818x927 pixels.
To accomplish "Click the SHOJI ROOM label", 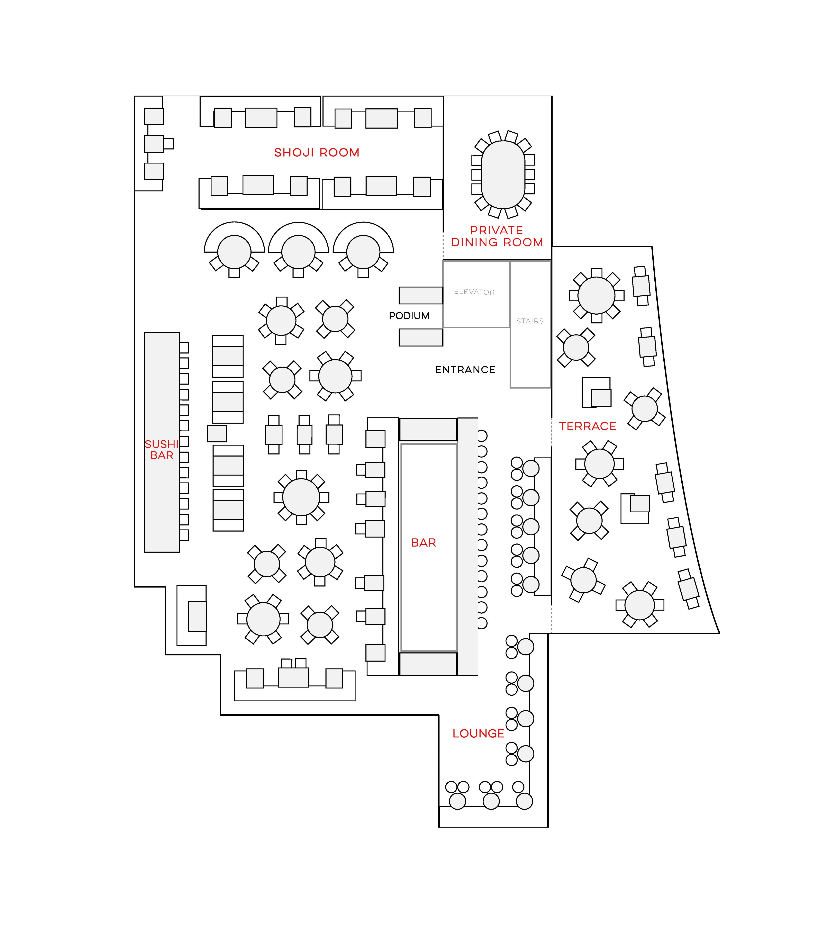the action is tap(317, 152).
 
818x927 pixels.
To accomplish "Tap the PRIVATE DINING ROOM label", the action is tap(497, 236).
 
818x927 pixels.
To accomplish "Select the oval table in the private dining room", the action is tap(503, 175).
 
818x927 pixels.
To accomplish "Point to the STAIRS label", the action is tap(530, 321).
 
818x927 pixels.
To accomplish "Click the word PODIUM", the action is tap(409, 316).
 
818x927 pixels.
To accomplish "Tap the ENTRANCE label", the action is tap(465, 370).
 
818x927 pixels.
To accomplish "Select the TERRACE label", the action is tap(588, 426).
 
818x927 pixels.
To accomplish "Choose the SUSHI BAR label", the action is tap(161, 449).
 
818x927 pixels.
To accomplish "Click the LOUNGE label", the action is tap(478, 733).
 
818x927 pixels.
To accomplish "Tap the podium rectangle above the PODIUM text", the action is tap(421, 295).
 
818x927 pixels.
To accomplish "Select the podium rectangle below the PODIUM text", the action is tap(421, 337).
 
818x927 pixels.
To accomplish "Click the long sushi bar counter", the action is tap(162, 442).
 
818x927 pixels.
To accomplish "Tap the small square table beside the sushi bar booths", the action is tap(217, 434).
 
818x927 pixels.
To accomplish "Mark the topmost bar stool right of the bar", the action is tap(482, 436).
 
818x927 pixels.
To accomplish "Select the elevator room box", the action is tap(476, 294).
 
